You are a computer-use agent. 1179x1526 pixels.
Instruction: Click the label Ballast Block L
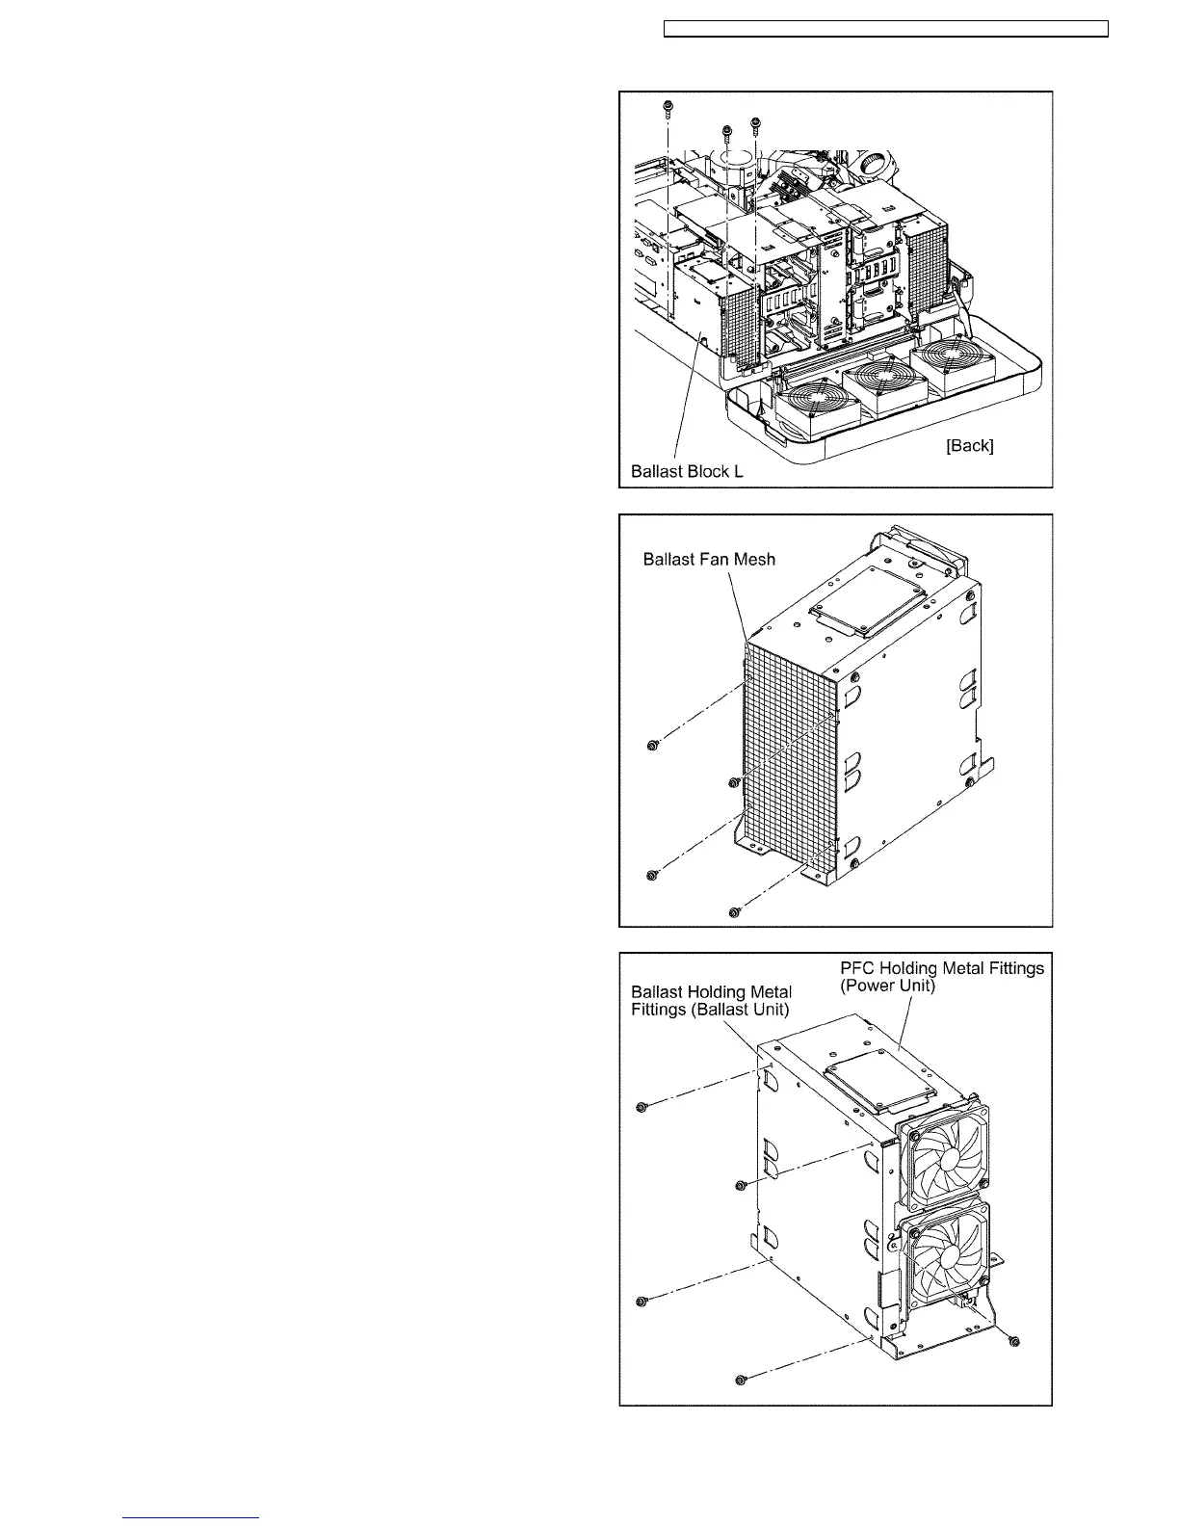click(687, 472)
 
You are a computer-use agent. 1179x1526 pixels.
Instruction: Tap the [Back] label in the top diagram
click(969, 445)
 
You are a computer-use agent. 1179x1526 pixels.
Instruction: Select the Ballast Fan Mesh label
click(709, 560)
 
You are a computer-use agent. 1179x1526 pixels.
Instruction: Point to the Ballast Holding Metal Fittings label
click(711, 1000)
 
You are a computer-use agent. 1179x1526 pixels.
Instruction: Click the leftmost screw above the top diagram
click(667, 105)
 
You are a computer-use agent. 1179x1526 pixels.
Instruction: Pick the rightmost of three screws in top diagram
click(756, 122)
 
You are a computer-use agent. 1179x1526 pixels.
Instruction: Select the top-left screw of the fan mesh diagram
click(652, 746)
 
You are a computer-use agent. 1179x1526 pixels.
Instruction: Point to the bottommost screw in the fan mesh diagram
click(735, 911)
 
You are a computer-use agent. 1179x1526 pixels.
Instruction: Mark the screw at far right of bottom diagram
click(1012, 1341)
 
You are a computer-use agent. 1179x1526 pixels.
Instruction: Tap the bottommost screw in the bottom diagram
click(740, 1381)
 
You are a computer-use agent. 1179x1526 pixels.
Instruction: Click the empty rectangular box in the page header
click(887, 29)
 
